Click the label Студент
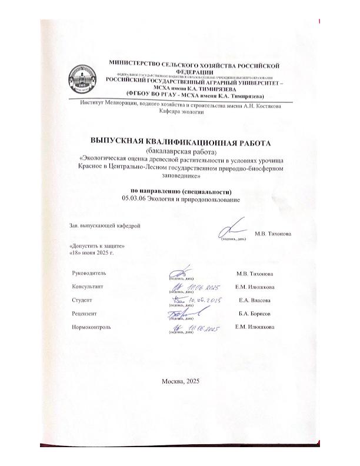80,300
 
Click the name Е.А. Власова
253,300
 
